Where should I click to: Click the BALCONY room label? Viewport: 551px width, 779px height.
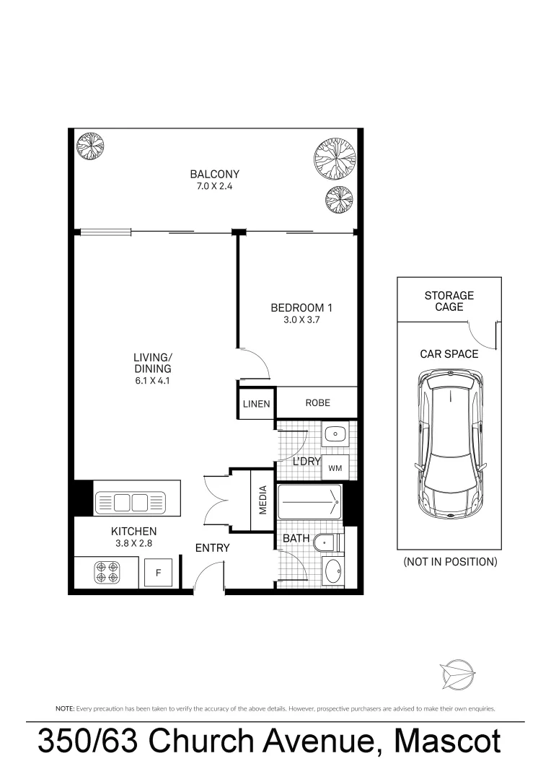pyautogui.click(x=214, y=174)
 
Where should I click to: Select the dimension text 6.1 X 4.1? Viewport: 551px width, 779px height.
pyautogui.click(x=153, y=382)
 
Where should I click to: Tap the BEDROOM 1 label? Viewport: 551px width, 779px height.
pyautogui.click(x=301, y=307)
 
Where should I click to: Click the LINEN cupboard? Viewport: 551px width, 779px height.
pyautogui.click(x=256, y=404)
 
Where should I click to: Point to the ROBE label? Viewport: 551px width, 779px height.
pyautogui.click(x=317, y=402)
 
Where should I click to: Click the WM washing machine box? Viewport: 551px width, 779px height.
pyautogui.click(x=335, y=468)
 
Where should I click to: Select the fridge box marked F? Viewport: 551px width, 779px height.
pyautogui.click(x=158, y=573)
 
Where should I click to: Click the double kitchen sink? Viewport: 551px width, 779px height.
pyautogui.click(x=130, y=501)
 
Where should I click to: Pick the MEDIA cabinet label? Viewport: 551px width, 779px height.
pyautogui.click(x=263, y=500)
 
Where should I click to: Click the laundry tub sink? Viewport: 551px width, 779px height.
pyautogui.click(x=335, y=434)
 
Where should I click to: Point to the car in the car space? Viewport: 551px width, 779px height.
pyautogui.click(x=448, y=443)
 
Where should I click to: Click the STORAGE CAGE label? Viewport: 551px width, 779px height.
pyautogui.click(x=449, y=301)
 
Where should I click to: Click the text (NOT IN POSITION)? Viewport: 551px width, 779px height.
pyautogui.click(x=450, y=561)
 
